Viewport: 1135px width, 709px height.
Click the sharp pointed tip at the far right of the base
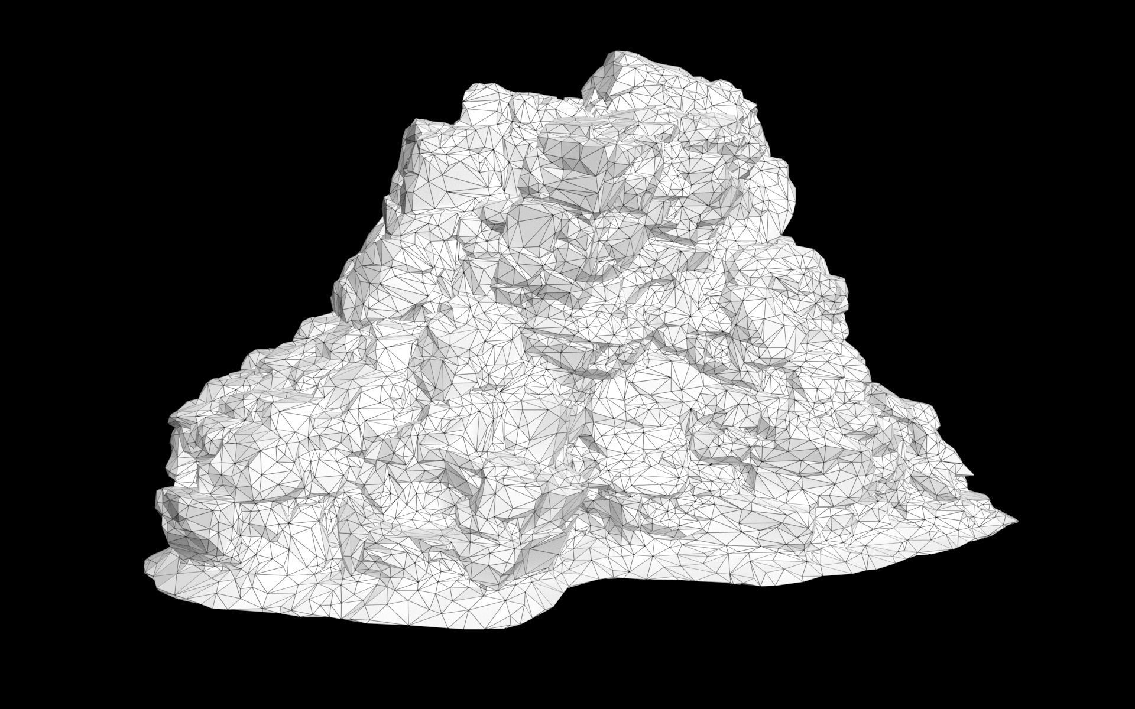[x=1016, y=521]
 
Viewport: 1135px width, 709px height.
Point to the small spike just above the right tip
[x=970, y=473]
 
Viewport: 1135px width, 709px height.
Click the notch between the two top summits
[x=582, y=95]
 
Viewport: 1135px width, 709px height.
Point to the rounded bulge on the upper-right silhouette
[x=780, y=177]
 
